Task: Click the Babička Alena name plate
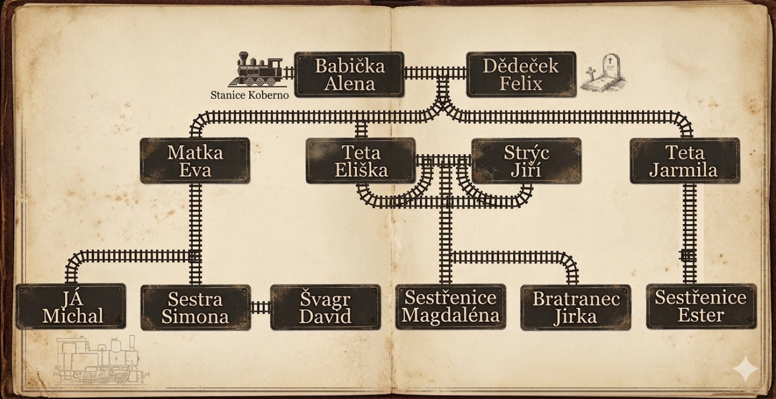click(349, 75)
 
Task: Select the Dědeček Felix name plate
click(521, 75)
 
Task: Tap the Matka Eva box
click(195, 161)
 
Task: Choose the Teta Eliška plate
click(360, 161)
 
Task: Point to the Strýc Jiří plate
click(526, 161)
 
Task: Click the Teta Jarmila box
click(684, 161)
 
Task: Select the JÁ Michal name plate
click(71, 307)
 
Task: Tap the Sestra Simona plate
click(195, 307)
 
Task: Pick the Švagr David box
click(325, 307)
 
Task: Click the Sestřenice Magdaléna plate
click(450, 307)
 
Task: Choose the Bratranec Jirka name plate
click(576, 307)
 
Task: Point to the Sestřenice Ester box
click(701, 306)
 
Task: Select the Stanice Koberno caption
click(249, 95)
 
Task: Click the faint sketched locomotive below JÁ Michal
click(100, 361)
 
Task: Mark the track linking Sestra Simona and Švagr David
click(260, 307)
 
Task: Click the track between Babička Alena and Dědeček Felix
click(435, 73)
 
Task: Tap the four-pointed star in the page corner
click(744, 370)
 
